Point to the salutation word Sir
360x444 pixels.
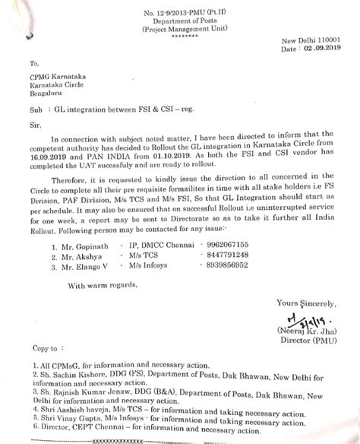pyautogui.click(x=34, y=122)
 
